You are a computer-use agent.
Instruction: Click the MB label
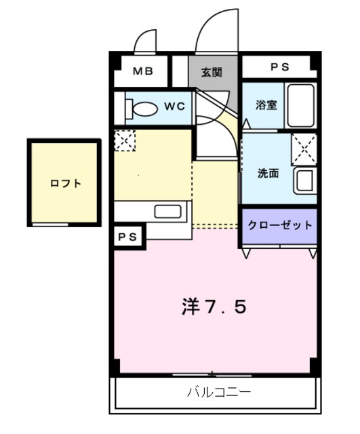(142, 71)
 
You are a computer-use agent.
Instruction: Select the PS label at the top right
(279, 67)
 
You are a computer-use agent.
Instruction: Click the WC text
(174, 106)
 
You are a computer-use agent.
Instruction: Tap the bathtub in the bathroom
(299, 105)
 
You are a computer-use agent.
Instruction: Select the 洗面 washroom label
(267, 173)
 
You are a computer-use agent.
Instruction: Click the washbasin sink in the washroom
(304, 181)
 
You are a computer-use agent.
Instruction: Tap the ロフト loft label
(66, 183)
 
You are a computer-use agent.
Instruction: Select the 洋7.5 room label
(213, 307)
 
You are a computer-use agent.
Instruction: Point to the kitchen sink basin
(165, 211)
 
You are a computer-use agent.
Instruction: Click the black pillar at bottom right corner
(315, 366)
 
